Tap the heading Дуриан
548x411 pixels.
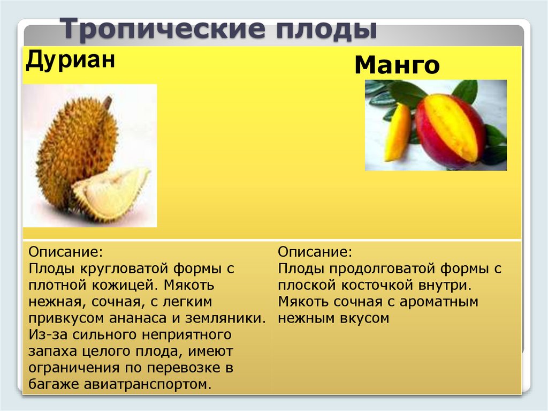[x=70, y=59]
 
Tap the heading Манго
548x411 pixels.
[x=397, y=65]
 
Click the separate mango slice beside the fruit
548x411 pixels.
[x=398, y=133]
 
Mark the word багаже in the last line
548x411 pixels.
[x=54, y=384]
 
